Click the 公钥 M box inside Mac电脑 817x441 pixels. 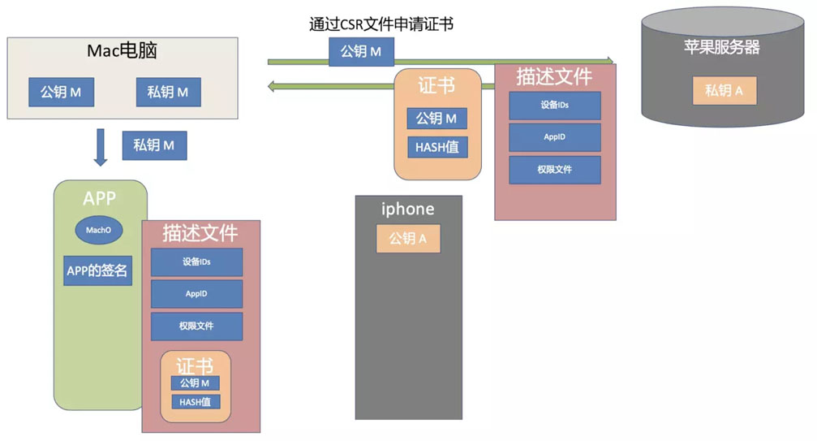point(61,92)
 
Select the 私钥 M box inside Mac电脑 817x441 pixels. point(168,92)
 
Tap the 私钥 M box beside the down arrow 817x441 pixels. point(154,145)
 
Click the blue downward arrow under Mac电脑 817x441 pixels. point(101,146)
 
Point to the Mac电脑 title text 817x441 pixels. point(122,51)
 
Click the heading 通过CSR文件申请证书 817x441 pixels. point(381,24)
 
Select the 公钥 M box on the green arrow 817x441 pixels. point(361,52)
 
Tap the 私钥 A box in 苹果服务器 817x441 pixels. point(725,90)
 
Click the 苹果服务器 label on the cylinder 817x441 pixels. point(722,47)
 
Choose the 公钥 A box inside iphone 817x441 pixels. point(408,239)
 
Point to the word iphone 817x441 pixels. point(408,210)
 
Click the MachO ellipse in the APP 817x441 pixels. point(98,230)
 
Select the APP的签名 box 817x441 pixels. point(97,271)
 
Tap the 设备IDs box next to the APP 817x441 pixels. point(196,262)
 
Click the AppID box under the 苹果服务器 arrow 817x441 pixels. point(555,137)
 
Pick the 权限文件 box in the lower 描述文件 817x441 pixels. point(196,326)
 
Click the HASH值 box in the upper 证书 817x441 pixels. point(436,147)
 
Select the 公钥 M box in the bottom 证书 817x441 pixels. point(195,383)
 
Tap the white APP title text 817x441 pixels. point(100,199)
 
